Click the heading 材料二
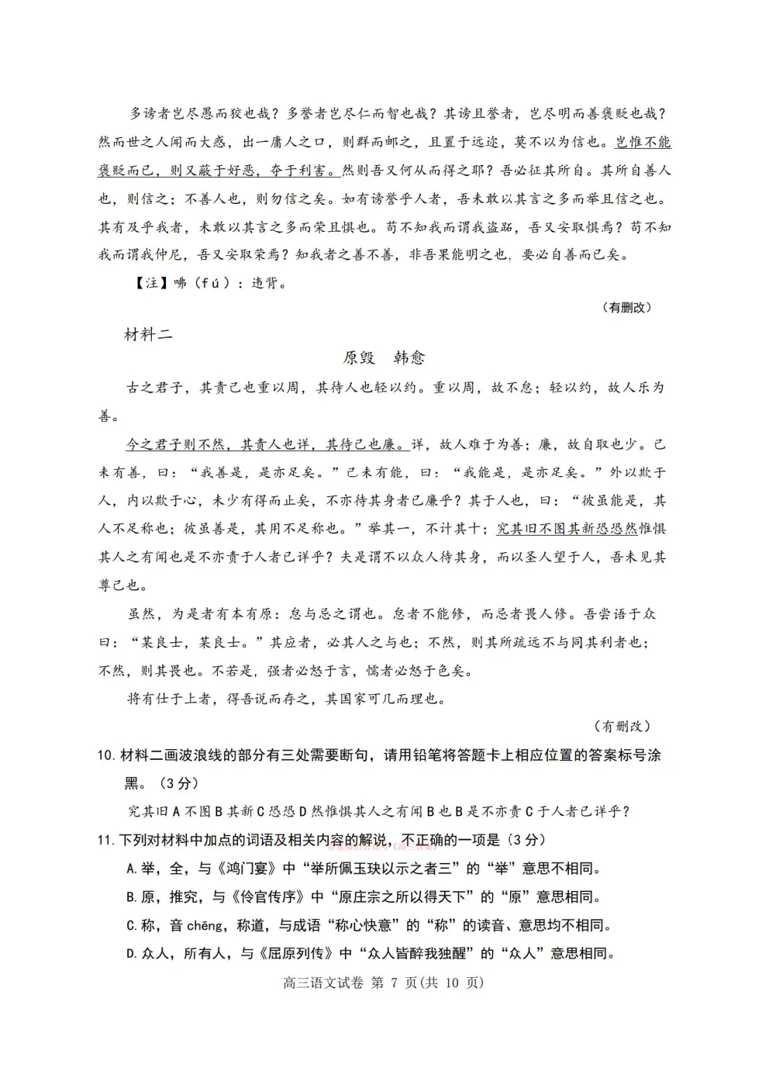(148, 335)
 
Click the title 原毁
(359, 357)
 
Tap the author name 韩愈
(409, 357)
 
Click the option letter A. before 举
(132, 869)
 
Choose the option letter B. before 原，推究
(132, 897)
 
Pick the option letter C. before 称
(132, 925)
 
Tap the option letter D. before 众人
(132, 954)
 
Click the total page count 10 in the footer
(452, 983)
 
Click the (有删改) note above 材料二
(626, 308)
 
